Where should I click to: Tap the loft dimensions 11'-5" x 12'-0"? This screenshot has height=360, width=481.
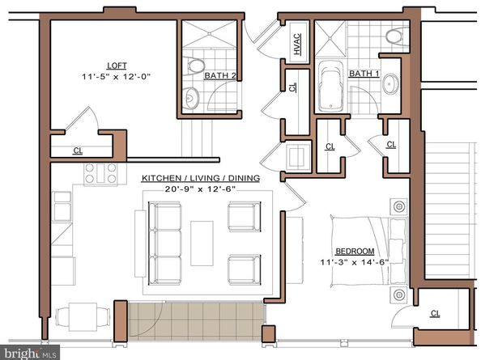click(x=117, y=77)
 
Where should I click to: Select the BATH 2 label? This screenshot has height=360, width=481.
click(x=219, y=76)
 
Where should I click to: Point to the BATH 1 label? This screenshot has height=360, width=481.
click(x=364, y=74)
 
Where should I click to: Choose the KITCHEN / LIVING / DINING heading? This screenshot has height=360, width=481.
click(x=201, y=178)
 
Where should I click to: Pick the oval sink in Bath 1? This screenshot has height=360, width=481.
click(x=390, y=84)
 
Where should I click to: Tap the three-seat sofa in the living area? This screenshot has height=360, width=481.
click(x=165, y=241)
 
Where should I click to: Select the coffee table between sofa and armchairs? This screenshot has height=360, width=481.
click(x=202, y=242)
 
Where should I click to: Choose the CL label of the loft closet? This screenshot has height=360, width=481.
click(x=78, y=150)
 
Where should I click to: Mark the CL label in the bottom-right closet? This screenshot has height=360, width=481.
click(x=435, y=314)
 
